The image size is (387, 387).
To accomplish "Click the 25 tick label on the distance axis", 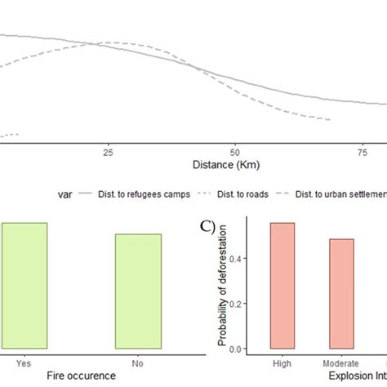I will coord(108,152).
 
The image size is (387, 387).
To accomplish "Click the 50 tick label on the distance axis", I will coord(235,152).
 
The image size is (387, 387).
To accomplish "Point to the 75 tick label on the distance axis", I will coord(363,152).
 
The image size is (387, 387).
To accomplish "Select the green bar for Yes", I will coord(24,286).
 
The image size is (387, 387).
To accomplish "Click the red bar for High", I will coord(282,286).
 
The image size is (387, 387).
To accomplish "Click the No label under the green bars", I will coord(138,359).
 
